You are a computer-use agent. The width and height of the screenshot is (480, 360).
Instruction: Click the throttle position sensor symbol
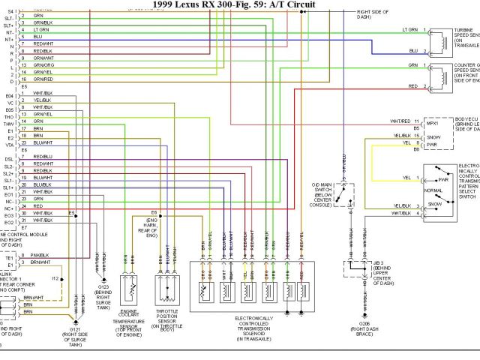coord(169,286)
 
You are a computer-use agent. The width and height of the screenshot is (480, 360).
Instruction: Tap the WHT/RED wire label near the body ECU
coord(400,121)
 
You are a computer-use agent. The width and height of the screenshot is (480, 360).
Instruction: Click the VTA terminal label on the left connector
coord(9,142)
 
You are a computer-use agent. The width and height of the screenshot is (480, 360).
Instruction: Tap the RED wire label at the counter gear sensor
coord(412,86)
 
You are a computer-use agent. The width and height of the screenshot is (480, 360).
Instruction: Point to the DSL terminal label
coord(9,159)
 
